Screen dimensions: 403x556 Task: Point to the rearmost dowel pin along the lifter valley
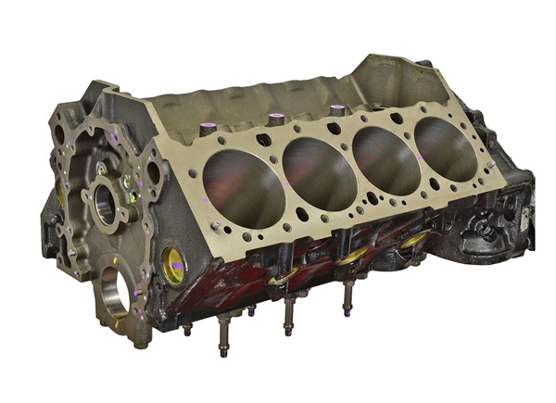pyautogui.click(x=336, y=109)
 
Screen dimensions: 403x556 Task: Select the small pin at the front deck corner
pyautogui.click(x=215, y=226)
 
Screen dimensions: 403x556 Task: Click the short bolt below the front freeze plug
pyautogui.click(x=187, y=328)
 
